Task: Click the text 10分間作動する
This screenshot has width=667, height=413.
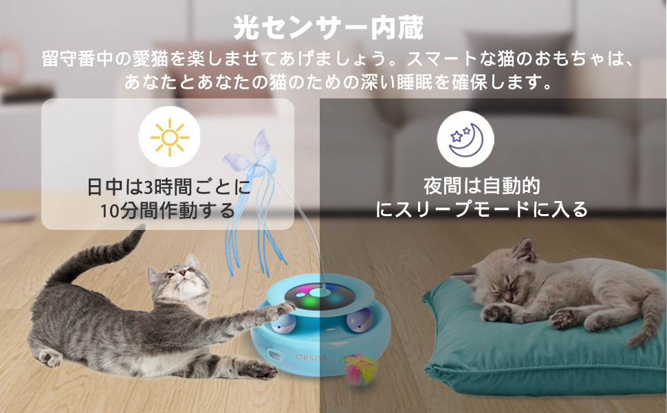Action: click(x=167, y=211)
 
